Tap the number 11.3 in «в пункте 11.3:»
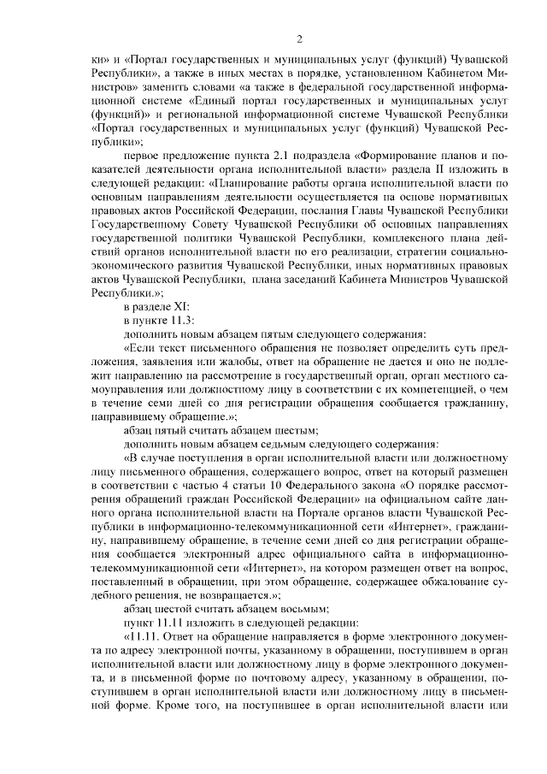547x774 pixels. [x=181, y=320]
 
